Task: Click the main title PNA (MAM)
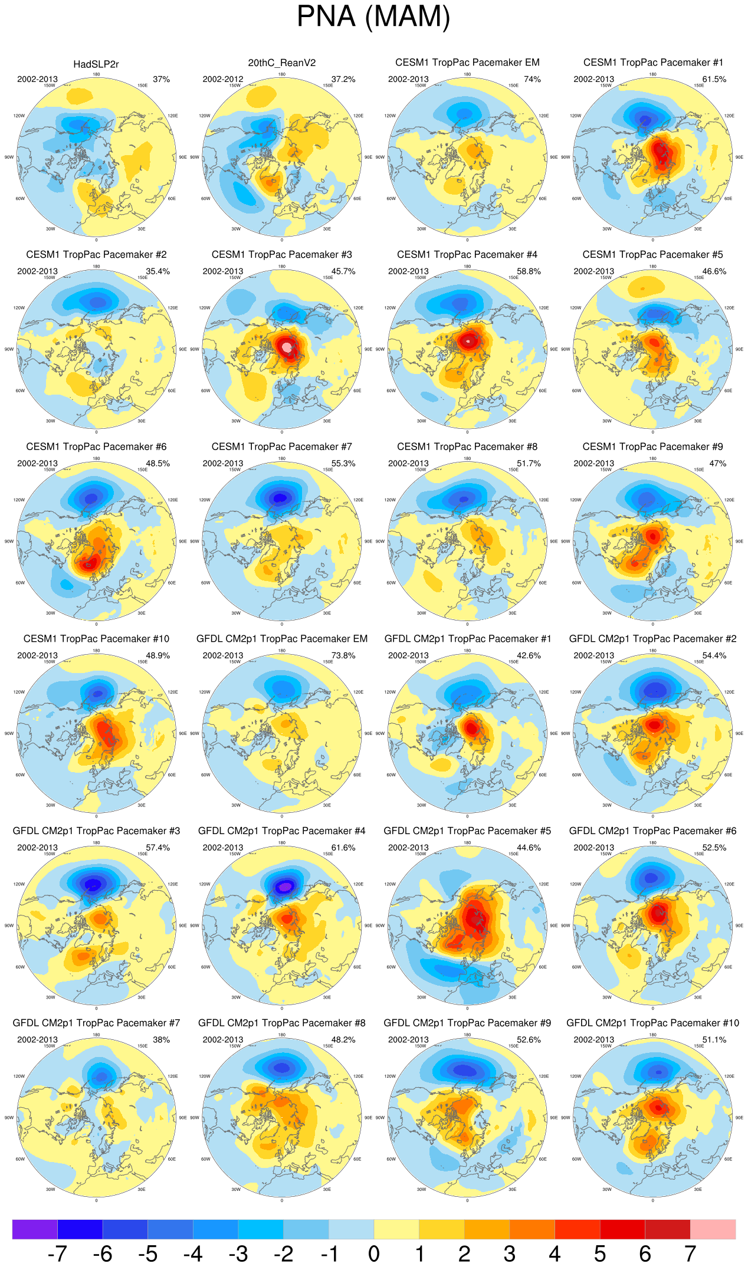pyautogui.click(x=373, y=17)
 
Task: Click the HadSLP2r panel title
pyautogui.click(x=96, y=64)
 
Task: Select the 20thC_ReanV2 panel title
pyautogui.click(x=282, y=63)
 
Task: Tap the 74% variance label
pyautogui.click(x=532, y=80)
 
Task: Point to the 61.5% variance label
pyautogui.click(x=714, y=80)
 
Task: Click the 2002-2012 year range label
pyautogui.click(x=223, y=80)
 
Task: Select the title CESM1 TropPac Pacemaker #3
pyautogui.click(x=282, y=255)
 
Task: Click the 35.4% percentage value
pyautogui.click(x=158, y=272)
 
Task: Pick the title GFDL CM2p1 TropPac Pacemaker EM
pyautogui.click(x=282, y=639)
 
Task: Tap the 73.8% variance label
pyautogui.click(x=343, y=656)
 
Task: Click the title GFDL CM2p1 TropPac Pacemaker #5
pyautogui.click(x=467, y=831)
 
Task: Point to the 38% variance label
pyautogui.click(x=161, y=1040)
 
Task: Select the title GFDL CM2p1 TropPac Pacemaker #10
pyautogui.click(x=652, y=1023)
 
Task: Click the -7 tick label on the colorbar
pyautogui.click(x=57, y=1253)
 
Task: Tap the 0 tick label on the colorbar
pyautogui.click(x=374, y=1253)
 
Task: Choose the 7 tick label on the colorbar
pyautogui.click(x=690, y=1253)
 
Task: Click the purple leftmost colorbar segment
pyautogui.click(x=35, y=1229)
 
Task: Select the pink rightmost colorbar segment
pyautogui.click(x=713, y=1229)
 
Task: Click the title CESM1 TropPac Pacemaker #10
pyautogui.click(x=96, y=639)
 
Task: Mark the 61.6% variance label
pyautogui.click(x=343, y=848)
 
